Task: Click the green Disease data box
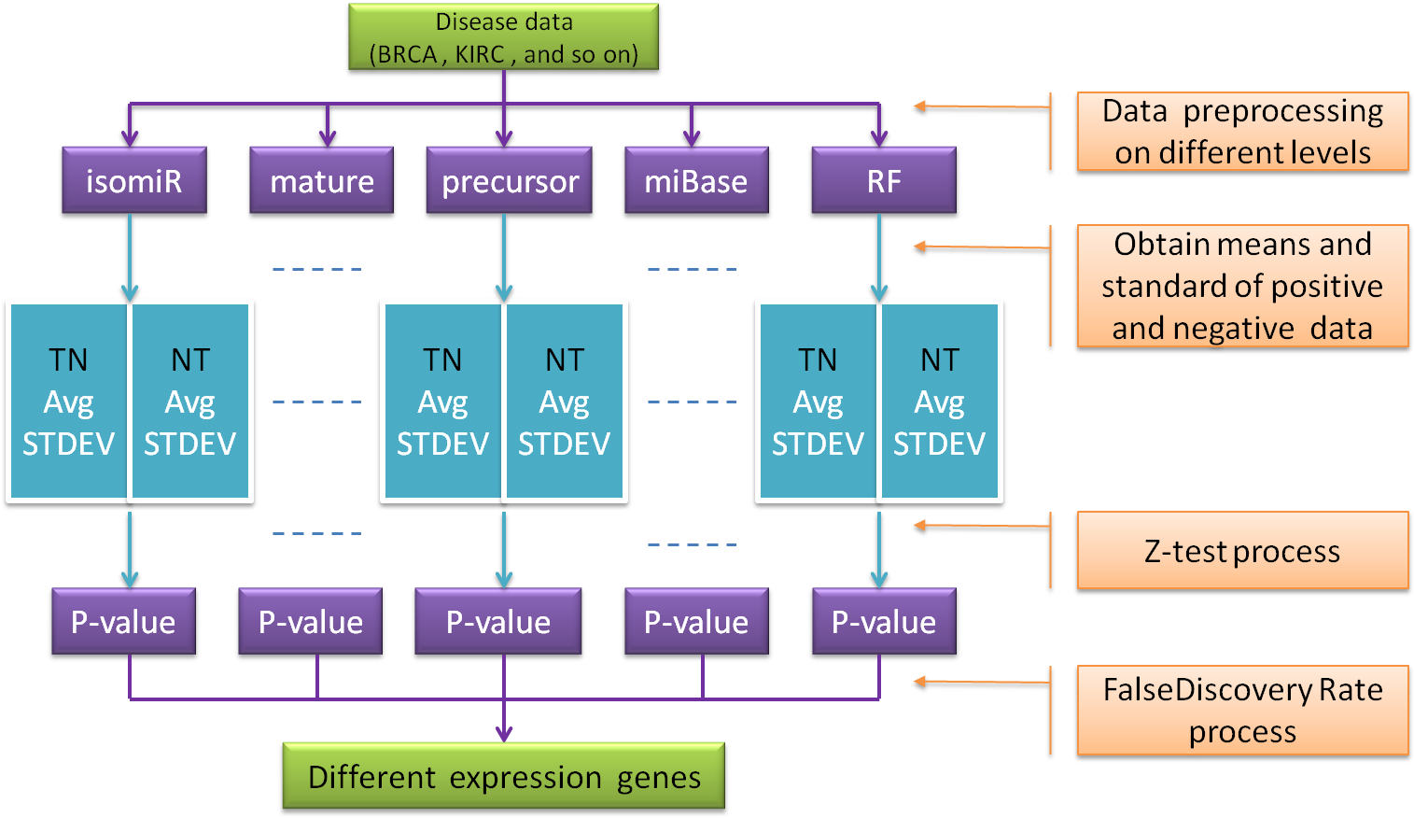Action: click(503, 37)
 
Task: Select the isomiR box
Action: click(133, 180)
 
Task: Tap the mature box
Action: click(321, 180)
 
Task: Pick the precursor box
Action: click(509, 180)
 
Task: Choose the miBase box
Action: click(695, 180)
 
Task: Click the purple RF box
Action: click(883, 180)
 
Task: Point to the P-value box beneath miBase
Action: click(695, 622)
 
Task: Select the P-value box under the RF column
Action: click(883, 622)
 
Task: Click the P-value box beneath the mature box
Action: click(310, 622)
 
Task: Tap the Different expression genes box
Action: click(503, 776)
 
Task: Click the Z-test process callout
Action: click(1241, 551)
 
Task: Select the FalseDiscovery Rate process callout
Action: click(1241, 711)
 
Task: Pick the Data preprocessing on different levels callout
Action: click(1241, 132)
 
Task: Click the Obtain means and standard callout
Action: click(1241, 286)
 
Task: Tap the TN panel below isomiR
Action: click(68, 402)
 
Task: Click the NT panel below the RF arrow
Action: click(939, 402)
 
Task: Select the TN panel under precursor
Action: click(442, 402)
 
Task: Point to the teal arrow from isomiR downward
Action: click(130, 256)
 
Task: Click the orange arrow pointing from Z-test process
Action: click(980, 526)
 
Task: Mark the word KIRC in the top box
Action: click(480, 54)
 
